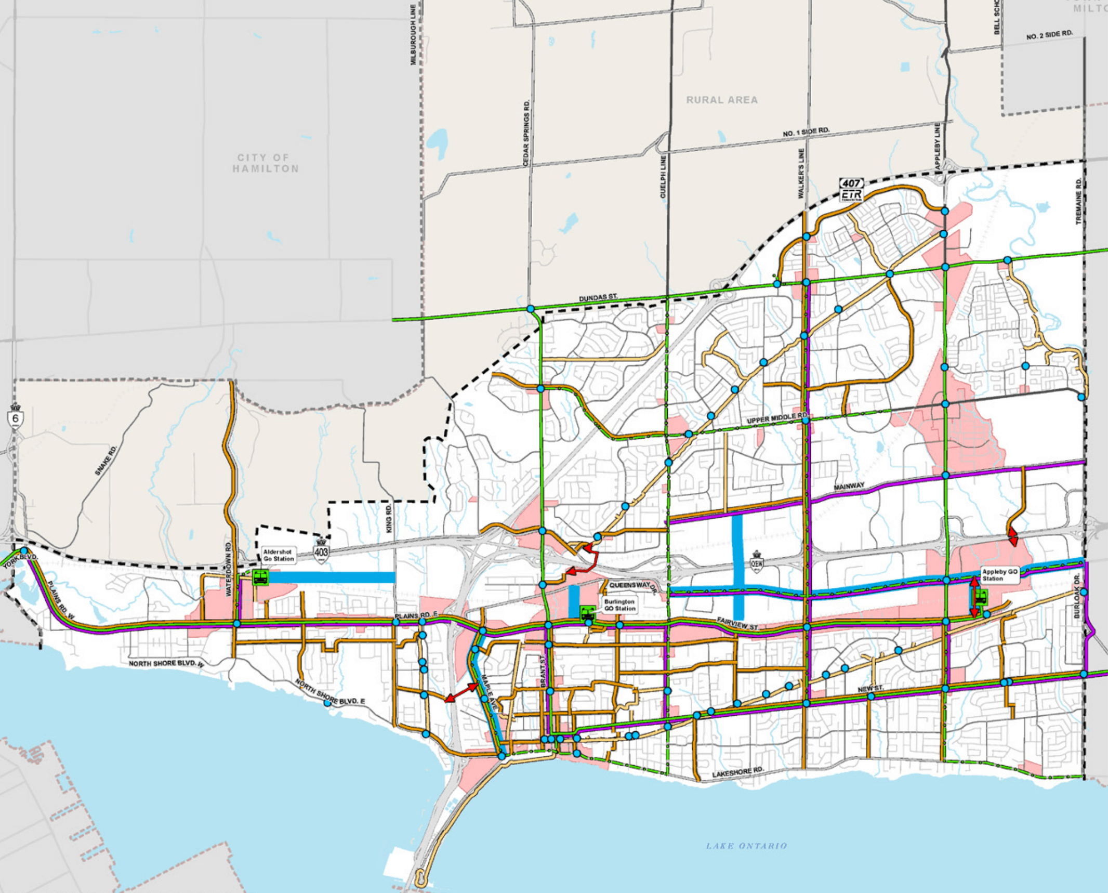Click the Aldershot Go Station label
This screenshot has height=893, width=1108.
pyautogui.click(x=278, y=555)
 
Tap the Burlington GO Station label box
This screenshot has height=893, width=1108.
pyautogui.click(x=619, y=605)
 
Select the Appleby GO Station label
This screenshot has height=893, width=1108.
pyautogui.click(x=999, y=574)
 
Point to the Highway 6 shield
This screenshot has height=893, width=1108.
pyautogui.click(x=15, y=416)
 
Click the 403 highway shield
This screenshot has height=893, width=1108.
pyautogui.click(x=321, y=551)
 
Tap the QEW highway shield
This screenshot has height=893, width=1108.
pyautogui.click(x=757, y=562)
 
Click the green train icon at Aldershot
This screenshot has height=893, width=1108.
pyautogui.click(x=260, y=577)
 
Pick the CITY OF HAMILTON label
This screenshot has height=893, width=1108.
pyautogui.click(x=265, y=163)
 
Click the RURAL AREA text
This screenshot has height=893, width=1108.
pyautogui.click(x=721, y=100)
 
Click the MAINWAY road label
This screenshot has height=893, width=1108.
pyautogui.click(x=849, y=487)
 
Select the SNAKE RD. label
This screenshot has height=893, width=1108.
pyautogui.click(x=105, y=460)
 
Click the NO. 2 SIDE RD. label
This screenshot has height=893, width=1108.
pyautogui.click(x=1049, y=35)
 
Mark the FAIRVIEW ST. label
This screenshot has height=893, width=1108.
pyautogui.click(x=737, y=624)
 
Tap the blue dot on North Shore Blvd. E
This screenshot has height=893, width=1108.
pyautogui.click(x=327, y=703)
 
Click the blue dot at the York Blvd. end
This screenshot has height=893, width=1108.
pyautogui.click(x=24, y=550)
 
